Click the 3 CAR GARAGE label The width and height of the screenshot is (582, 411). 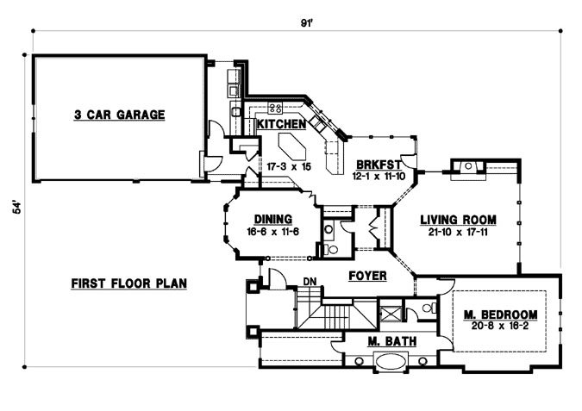pos(119,115)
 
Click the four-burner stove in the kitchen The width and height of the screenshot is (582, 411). pos(276,108)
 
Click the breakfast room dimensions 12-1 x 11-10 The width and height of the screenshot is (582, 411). pos(377,175)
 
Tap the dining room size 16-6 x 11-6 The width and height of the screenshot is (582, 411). pos(269,230)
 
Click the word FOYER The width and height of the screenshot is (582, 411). pos(366,277)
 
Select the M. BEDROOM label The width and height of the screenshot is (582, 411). pos(500,314)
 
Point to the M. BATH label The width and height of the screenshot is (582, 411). pos(391,342)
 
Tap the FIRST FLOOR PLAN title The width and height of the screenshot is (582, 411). pos(129,283)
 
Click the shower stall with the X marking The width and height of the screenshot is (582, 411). pos(392,312)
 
